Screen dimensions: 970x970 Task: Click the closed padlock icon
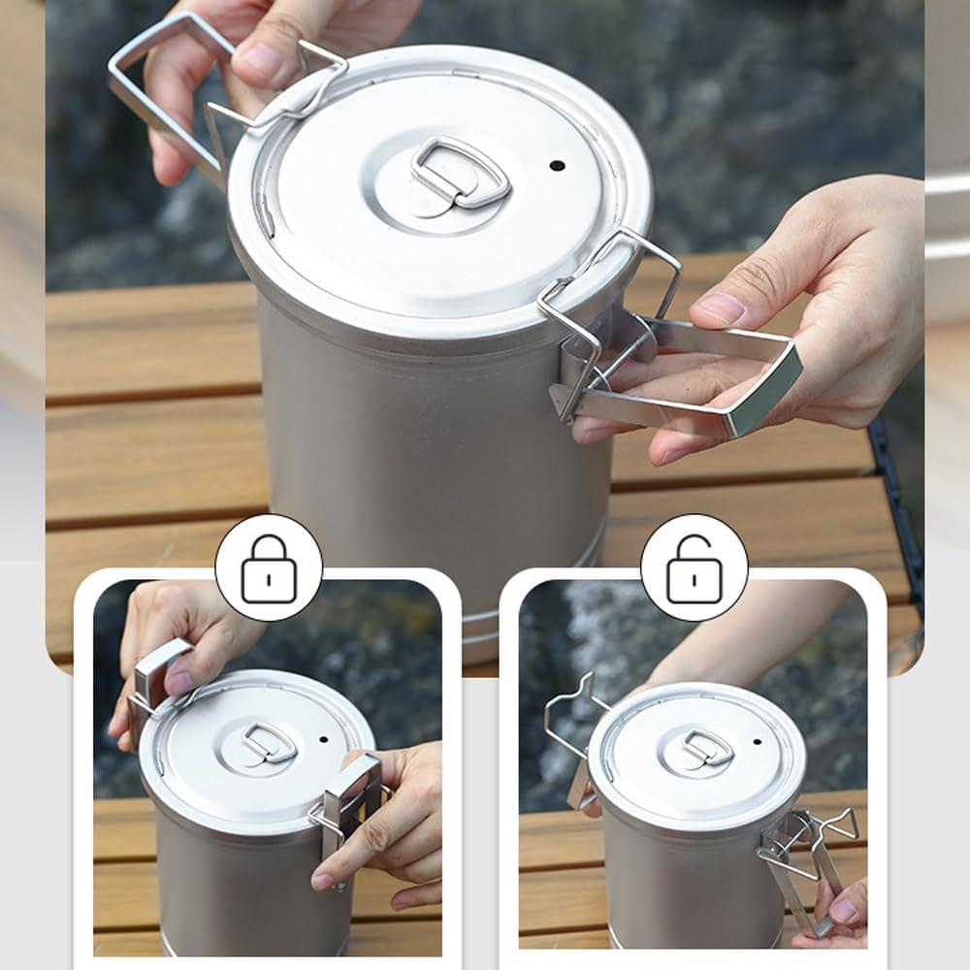pyautogui.click(x=268, y=568)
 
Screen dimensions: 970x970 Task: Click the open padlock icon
pyautogui.click(x=694, y=568)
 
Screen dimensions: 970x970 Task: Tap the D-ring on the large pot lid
pyautogui.click(x=460, y=173)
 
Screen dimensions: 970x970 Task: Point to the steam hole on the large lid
pyautogui.click(x=557, y=165)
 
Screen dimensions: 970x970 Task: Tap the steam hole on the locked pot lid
pyautogui.click(x=323, y=739)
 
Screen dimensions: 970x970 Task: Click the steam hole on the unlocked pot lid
pyautogui.click(x=756, y=742)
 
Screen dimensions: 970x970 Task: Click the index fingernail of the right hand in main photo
pyautogui.click(x=719, y=308)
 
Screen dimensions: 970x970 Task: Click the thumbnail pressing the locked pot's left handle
pyautogui.click(x=178, y=682)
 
